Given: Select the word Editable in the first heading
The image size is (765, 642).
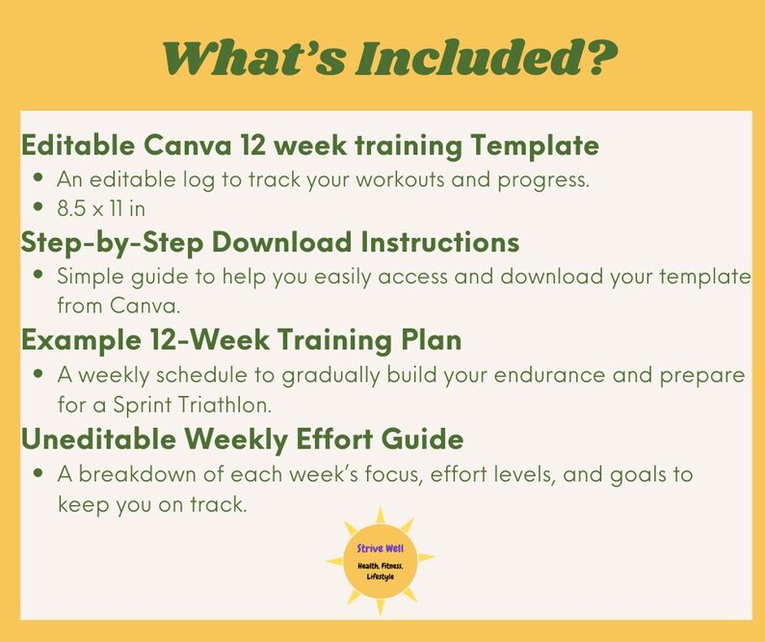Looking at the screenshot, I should coord(78,147).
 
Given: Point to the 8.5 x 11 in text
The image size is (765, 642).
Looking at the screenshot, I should coord(100,208).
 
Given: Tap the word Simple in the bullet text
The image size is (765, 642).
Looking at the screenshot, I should coord(90,277).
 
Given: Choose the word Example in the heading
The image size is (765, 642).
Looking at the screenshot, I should coord(73,340).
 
